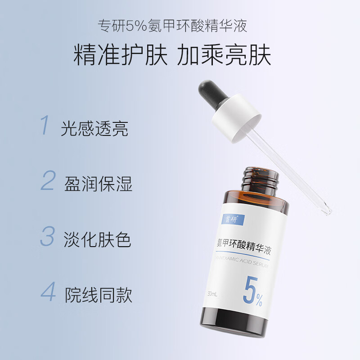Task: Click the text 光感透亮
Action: pos(94,129)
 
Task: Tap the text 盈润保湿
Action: pos(98,184)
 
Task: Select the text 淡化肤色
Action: pos(98,240)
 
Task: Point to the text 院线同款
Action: pos(99,295)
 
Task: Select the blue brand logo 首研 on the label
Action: pos(234,219)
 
